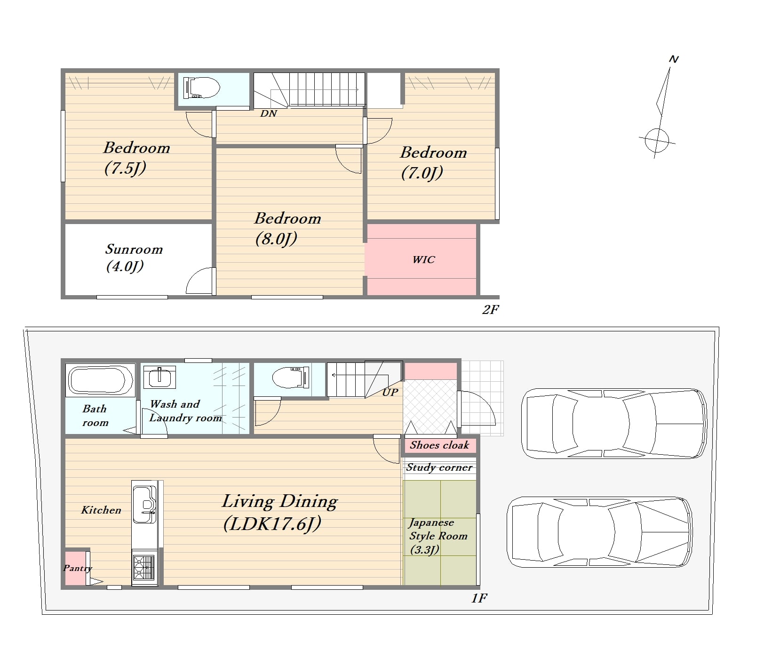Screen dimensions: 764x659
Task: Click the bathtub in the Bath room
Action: pos(100,380)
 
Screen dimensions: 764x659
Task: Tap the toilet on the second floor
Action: pos(201,88)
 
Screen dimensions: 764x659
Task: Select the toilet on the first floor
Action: pos(291,377)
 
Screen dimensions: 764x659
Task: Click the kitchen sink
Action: pos(144,504)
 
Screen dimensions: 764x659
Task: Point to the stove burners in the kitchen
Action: pos(144,567)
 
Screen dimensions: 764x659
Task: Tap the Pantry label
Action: pos(78,568)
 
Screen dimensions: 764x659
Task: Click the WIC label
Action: pos(423,259)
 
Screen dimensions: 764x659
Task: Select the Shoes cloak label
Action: pos(439,445)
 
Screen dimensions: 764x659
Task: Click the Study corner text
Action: pos(439,467)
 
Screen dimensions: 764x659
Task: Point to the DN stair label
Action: pos(269,113)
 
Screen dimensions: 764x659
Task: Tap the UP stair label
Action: pos(390,392)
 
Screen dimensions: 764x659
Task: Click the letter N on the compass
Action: pos(674,59)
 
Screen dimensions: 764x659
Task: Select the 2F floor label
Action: pos(490,309)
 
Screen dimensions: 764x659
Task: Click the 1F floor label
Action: pos(479,598)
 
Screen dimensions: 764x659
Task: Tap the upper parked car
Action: pos(614,423)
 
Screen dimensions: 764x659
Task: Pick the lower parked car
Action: pos(599,532)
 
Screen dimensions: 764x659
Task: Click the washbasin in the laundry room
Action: pos(159,377)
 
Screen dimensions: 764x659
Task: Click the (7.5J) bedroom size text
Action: pos(125,168)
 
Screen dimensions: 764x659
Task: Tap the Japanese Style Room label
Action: pos(438,536)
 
